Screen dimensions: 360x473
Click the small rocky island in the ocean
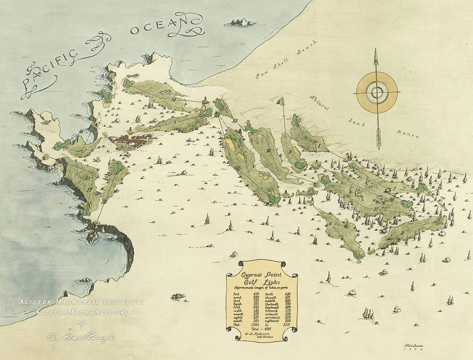241,22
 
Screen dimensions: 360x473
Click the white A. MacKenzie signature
81,337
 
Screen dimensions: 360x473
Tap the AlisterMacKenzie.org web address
82,312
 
